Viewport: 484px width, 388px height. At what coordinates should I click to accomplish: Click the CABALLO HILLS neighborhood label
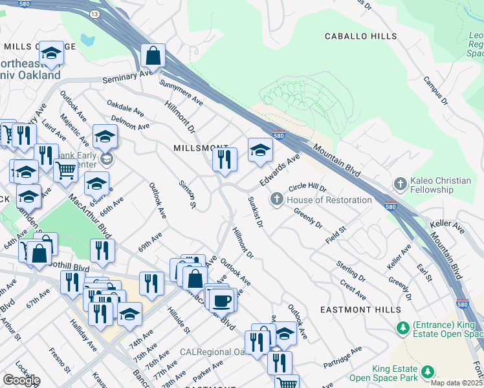coord(360,36)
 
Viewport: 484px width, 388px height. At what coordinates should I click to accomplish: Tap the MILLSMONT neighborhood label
coord(201,148)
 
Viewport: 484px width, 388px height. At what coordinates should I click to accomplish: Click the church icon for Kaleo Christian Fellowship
coord(400,184)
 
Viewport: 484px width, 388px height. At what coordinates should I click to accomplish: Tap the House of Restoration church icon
coord(278,199)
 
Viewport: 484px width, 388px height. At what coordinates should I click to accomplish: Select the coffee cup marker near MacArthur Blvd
coord(221,300)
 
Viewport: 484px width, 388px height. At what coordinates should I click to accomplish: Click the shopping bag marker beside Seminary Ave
coord(153,57)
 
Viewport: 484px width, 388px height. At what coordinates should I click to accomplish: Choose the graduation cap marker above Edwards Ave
coord(260,150)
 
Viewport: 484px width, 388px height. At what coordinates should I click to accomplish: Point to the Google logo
coord(21,380)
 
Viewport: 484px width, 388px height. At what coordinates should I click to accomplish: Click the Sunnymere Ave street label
coord(181,93)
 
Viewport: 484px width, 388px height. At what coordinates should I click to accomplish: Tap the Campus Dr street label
coord(435,91)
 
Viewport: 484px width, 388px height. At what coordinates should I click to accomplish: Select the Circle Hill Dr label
coord(308,186)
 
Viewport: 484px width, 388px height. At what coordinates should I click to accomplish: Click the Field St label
coord(336,234)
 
